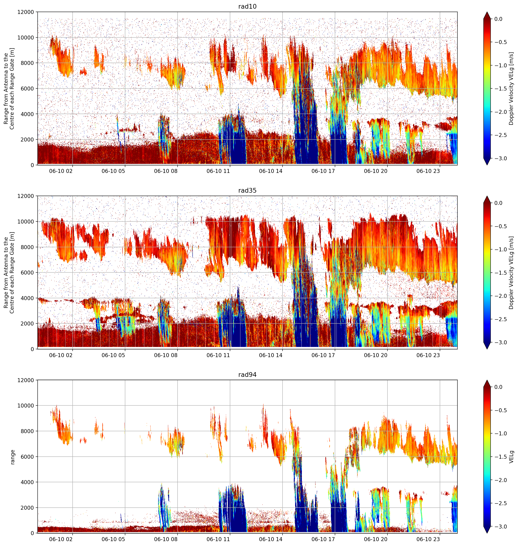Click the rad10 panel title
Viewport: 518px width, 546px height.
247,6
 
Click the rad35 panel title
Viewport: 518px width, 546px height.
247,190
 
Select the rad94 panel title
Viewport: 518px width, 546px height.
247,374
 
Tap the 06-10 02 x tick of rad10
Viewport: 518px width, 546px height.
61,171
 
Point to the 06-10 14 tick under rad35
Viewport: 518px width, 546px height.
271,355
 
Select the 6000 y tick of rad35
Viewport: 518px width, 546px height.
28,273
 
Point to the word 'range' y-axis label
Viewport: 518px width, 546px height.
12,457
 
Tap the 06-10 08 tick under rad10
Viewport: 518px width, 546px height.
166,171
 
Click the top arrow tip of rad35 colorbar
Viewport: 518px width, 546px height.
487,196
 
